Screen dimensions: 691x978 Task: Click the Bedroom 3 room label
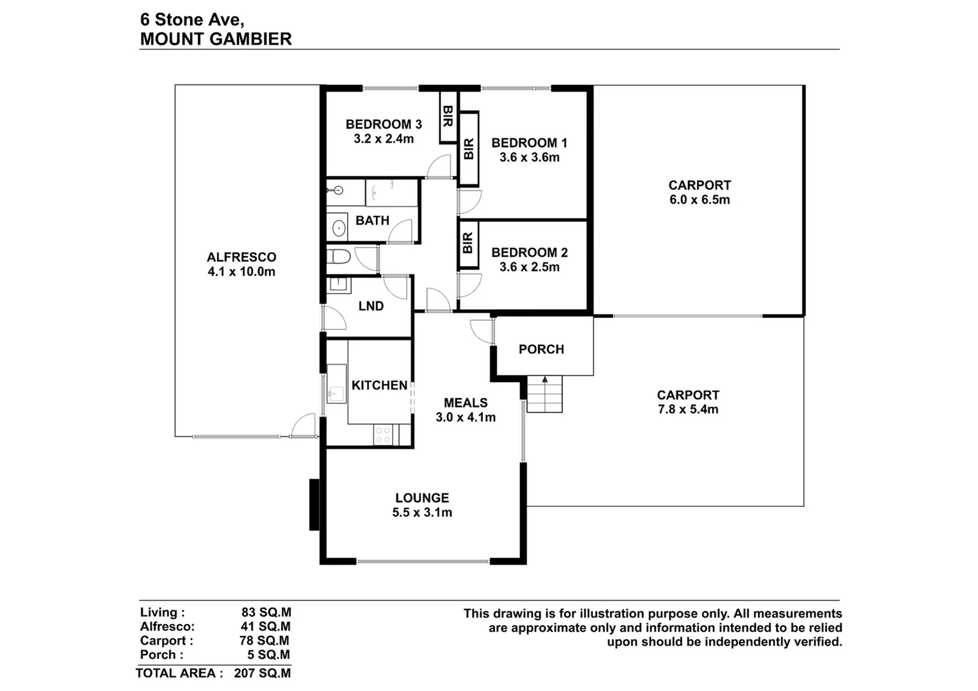[x=383, y=124]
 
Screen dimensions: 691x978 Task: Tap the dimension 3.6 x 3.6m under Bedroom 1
[x=529, y=157]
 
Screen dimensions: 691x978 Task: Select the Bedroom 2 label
[x=529, y=253]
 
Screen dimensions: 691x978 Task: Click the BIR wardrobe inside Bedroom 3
[x=448, y=117]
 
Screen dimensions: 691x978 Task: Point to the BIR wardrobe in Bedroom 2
[x=468, y=243]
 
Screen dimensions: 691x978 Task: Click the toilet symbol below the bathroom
[x=338, y=257]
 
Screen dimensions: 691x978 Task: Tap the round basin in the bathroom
[x=338, y=227]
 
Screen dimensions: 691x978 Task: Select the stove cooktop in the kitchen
[x=383, y=435]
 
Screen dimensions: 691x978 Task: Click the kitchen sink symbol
[x=336, y=392]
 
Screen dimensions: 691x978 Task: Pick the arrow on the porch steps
[x=544, y=380]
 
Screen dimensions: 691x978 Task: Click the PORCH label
[x=541, y=349]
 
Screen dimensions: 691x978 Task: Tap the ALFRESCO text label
[x=241, y=257]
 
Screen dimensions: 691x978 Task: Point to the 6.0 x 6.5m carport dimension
[x=699, y=200]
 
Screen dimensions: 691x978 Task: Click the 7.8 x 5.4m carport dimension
[x=688, y=409]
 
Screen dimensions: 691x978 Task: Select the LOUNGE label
[x=421, y=498]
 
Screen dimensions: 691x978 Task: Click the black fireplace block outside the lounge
[x=314, y=505]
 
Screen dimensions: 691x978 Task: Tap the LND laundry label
[x=371, y=306]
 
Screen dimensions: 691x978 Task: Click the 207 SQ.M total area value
[x=262, y=673]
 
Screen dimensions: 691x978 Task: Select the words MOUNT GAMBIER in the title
[x=216, y=39]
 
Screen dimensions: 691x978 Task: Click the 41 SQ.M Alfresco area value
[x=265, y=627]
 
